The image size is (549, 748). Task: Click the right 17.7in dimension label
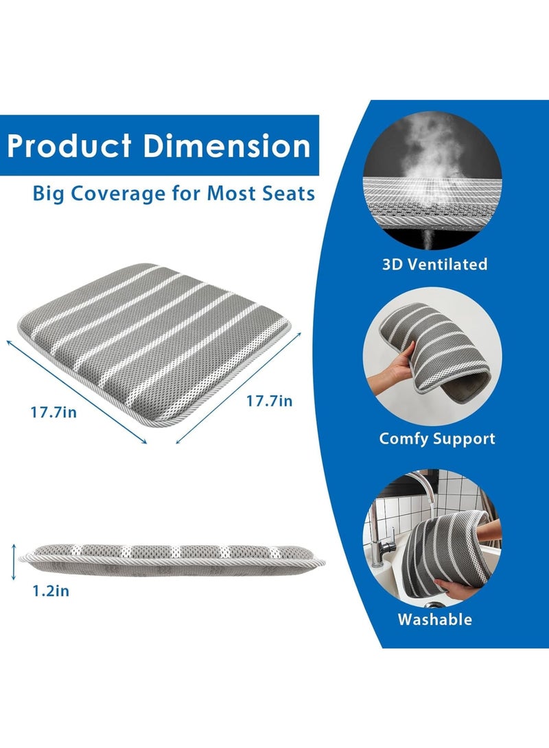pos(270,401)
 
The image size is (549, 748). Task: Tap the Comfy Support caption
pos(437,439)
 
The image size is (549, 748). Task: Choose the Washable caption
pos(435,620)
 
